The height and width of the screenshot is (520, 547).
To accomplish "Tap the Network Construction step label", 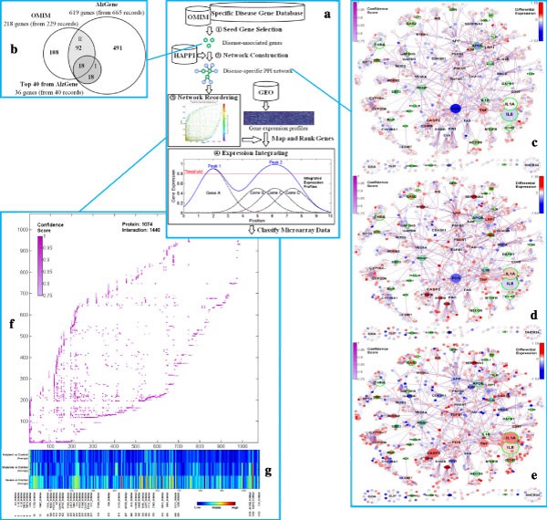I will pyautogui.click(x=265, y=55).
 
